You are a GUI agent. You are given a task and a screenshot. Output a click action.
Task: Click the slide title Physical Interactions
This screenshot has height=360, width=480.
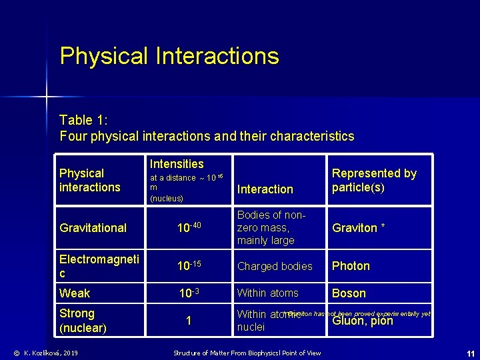[x=169, y=56]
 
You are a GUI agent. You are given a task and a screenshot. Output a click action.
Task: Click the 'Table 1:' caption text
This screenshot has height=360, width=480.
[x=83, y=120]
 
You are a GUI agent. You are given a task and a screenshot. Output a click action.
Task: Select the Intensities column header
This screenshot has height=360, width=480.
[x=177, y=163]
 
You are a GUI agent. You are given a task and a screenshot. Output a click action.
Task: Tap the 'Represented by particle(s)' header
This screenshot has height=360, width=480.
[x=374, y=180]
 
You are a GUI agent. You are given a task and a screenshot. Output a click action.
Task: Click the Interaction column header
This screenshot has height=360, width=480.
[x=265, y=189]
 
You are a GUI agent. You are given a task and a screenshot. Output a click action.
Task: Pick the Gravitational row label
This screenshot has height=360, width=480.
[x=93, y=228]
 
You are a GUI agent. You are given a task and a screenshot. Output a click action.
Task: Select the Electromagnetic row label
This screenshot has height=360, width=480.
[x=99, y=266]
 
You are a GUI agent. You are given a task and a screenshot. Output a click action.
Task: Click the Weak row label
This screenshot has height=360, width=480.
[x=75, y=293]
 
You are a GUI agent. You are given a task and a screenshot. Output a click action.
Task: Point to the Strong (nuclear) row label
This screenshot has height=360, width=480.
[x=83, y=321]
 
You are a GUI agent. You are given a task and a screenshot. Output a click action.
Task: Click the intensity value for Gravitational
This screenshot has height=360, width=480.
[x=189, y=228]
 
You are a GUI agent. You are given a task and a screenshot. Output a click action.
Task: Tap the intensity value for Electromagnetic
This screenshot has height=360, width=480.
[x=189, y=266]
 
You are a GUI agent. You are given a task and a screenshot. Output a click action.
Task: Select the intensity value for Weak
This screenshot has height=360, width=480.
[x=189, y=293]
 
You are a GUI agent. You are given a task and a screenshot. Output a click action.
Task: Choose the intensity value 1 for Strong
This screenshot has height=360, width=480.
[x=189, y=321]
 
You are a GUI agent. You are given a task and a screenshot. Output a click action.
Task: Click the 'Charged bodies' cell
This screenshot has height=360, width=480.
[x=275, y=266]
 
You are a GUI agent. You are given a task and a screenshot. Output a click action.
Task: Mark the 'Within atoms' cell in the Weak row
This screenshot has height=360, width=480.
[x=268, y=293]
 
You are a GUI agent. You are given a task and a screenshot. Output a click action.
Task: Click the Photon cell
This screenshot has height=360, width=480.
[x=351, y=266]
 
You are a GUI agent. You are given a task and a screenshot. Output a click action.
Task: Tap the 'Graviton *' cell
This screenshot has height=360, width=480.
[x=359, y=228]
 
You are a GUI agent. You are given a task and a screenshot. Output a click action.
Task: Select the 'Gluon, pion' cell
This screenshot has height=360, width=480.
[x=362, y=322]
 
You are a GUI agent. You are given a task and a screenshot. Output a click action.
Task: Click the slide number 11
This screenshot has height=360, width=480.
[x=470, y=353]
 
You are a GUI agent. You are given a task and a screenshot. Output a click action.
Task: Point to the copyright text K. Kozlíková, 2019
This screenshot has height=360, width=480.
[x=46, y=353]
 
